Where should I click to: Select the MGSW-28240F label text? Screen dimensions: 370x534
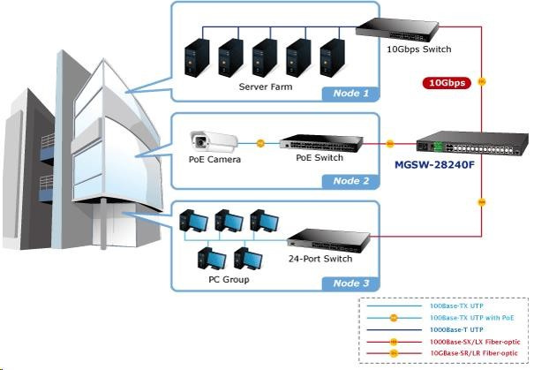click(440, 164)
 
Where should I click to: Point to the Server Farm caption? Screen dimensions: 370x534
click(266, 87)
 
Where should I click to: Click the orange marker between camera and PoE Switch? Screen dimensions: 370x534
click(259, 142)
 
